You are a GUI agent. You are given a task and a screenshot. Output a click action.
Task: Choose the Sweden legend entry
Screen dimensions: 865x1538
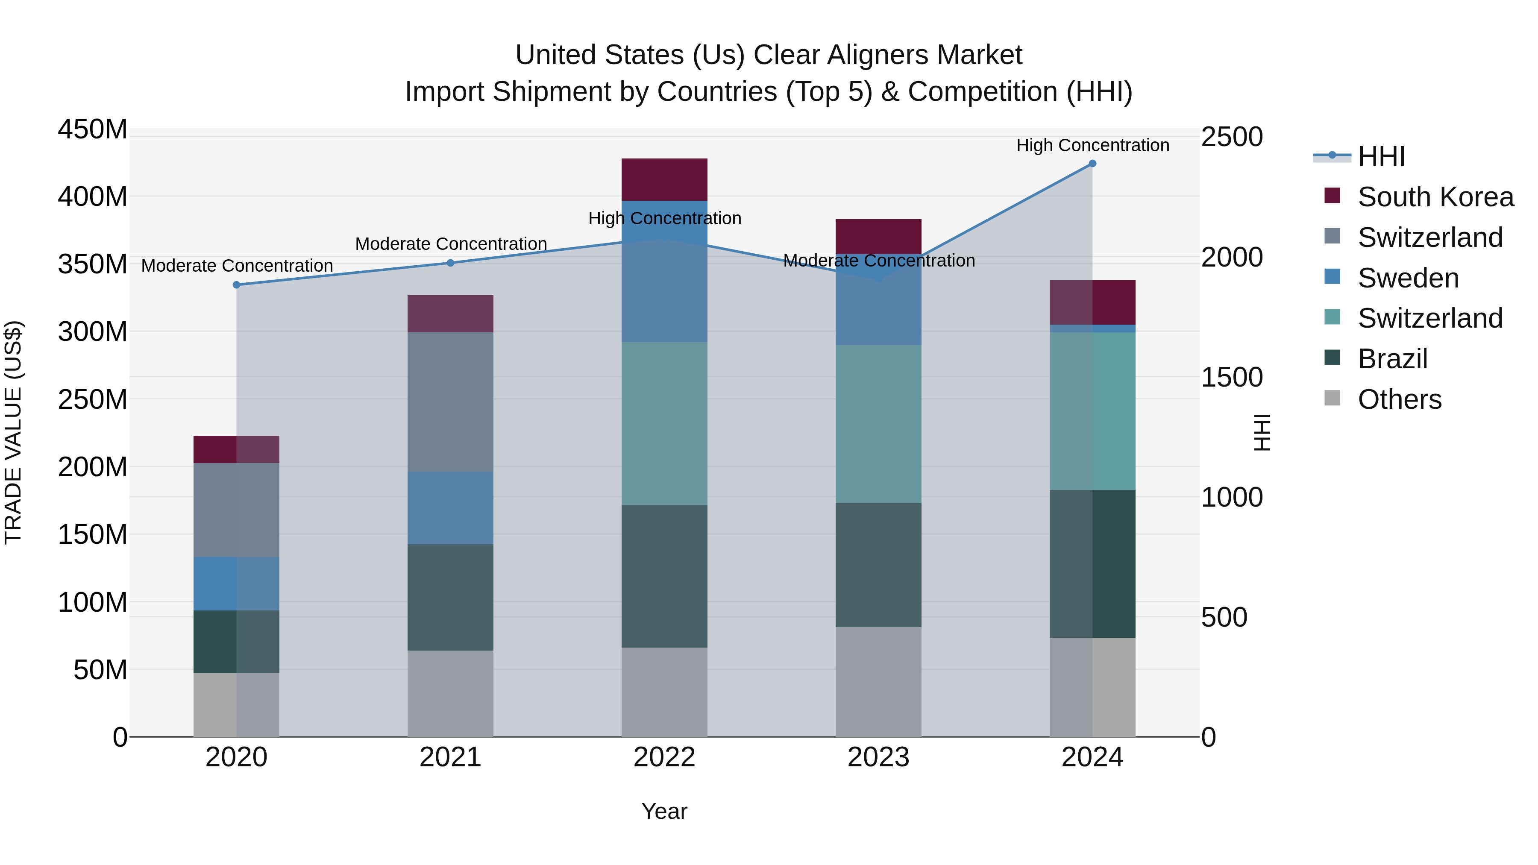[1408, 278]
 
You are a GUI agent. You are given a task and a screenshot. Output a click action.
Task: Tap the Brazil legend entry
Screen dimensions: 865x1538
[1392, 359]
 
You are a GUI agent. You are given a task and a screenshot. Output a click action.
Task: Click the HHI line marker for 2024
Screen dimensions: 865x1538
[1092, 164]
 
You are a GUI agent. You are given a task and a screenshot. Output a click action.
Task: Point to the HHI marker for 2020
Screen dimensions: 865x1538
[236, 285]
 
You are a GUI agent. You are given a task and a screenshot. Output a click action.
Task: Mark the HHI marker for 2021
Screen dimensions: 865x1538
[451, 263]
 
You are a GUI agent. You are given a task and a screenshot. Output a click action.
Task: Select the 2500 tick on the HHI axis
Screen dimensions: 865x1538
[1232, 137]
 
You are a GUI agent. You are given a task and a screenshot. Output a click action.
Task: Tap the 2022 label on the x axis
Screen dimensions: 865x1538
[664, 757]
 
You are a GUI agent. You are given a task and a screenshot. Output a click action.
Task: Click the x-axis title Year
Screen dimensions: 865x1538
[664, 811]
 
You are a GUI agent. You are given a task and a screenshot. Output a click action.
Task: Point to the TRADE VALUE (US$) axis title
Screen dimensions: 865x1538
[13, 432]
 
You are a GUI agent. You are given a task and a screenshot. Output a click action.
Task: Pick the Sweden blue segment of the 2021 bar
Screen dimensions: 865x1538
[450, 507]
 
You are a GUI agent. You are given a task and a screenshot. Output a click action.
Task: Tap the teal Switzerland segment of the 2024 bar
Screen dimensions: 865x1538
[1092, 411]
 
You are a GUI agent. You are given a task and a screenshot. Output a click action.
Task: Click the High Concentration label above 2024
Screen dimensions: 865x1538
[1092, 145]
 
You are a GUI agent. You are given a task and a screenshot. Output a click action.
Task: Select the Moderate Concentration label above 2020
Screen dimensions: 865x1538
[237, 266]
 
